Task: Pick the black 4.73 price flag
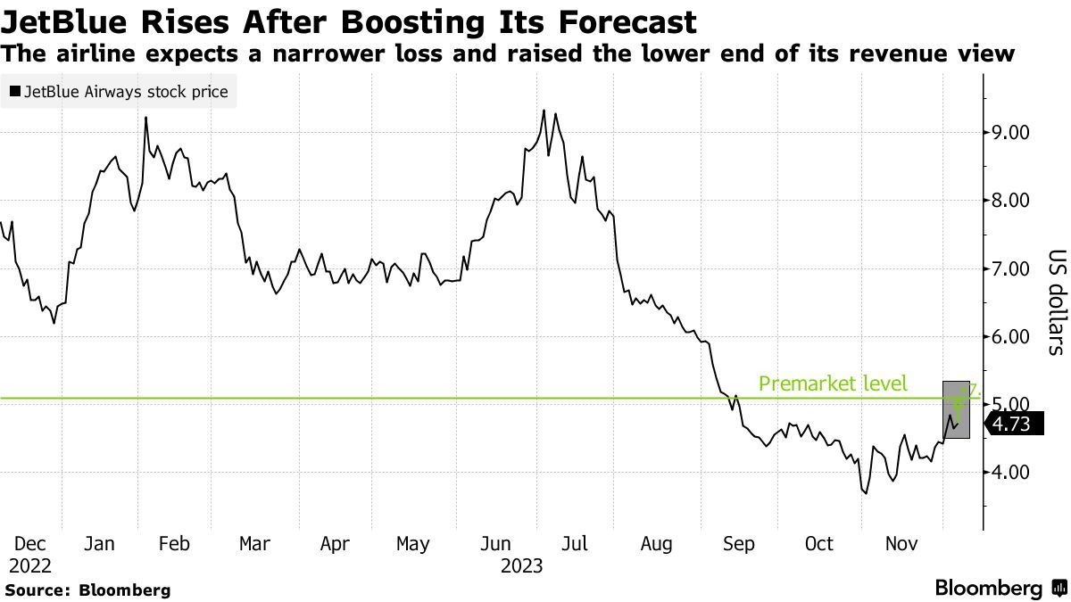tap(1013, 425)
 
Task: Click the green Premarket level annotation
tap(832, 384)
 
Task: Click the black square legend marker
tap(15, 91)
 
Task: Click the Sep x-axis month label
tap(738, 543)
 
